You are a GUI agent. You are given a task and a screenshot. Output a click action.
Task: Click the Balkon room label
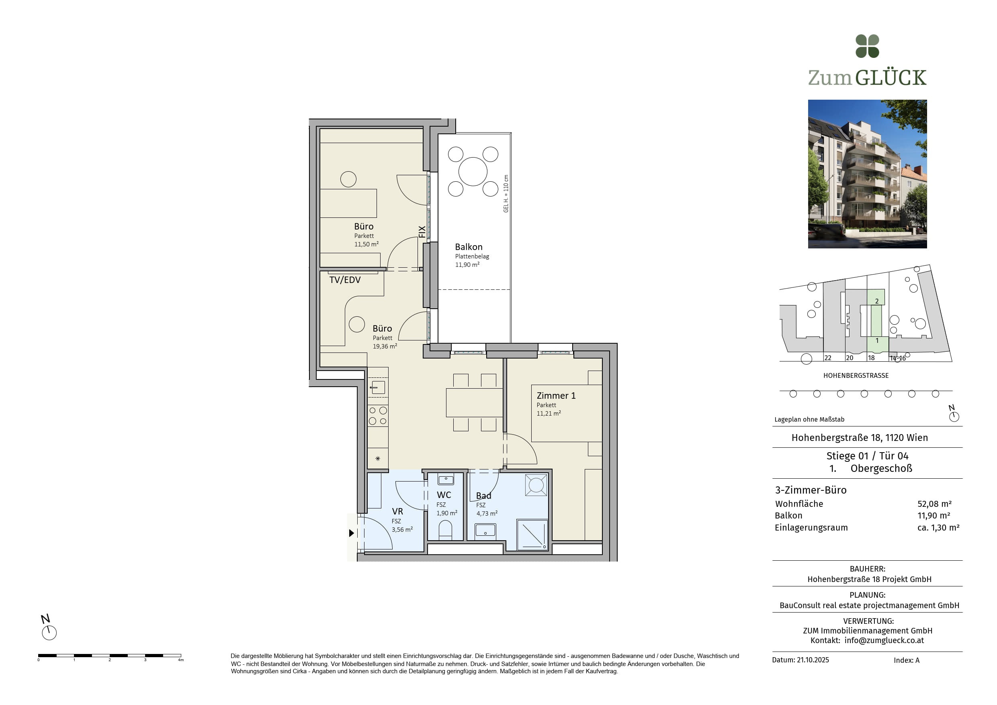click(x=469, y=247)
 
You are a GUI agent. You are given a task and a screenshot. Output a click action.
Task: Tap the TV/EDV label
click(x=345, y=280)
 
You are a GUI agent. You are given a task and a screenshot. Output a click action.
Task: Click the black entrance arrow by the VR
click(x=352, y=533)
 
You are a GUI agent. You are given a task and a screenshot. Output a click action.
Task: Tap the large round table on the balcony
click(x=473, y=172)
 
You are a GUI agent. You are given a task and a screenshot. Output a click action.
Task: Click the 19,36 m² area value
click(x=385, y=346)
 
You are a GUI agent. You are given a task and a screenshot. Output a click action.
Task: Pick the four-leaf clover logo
click(x=867, y=46)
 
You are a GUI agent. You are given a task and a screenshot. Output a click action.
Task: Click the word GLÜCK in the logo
click(x=891, y=78)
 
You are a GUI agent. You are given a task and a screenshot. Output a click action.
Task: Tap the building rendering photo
click(x=867, y=174)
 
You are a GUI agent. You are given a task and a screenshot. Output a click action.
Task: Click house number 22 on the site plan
click(x=828, y=358)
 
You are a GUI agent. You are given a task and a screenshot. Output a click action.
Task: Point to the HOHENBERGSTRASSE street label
click(x=856, y=375)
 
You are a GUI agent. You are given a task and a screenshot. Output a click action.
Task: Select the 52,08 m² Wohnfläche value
click(x=934, y=504)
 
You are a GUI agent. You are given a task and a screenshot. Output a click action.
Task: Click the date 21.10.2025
click(x=813, y=660)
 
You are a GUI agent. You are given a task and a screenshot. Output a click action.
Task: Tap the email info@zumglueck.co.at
click(x=884, y=640)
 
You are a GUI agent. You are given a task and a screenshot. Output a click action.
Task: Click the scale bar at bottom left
click(x=109, y=656)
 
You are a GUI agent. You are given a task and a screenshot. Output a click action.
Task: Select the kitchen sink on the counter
click(x=378, y=387)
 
